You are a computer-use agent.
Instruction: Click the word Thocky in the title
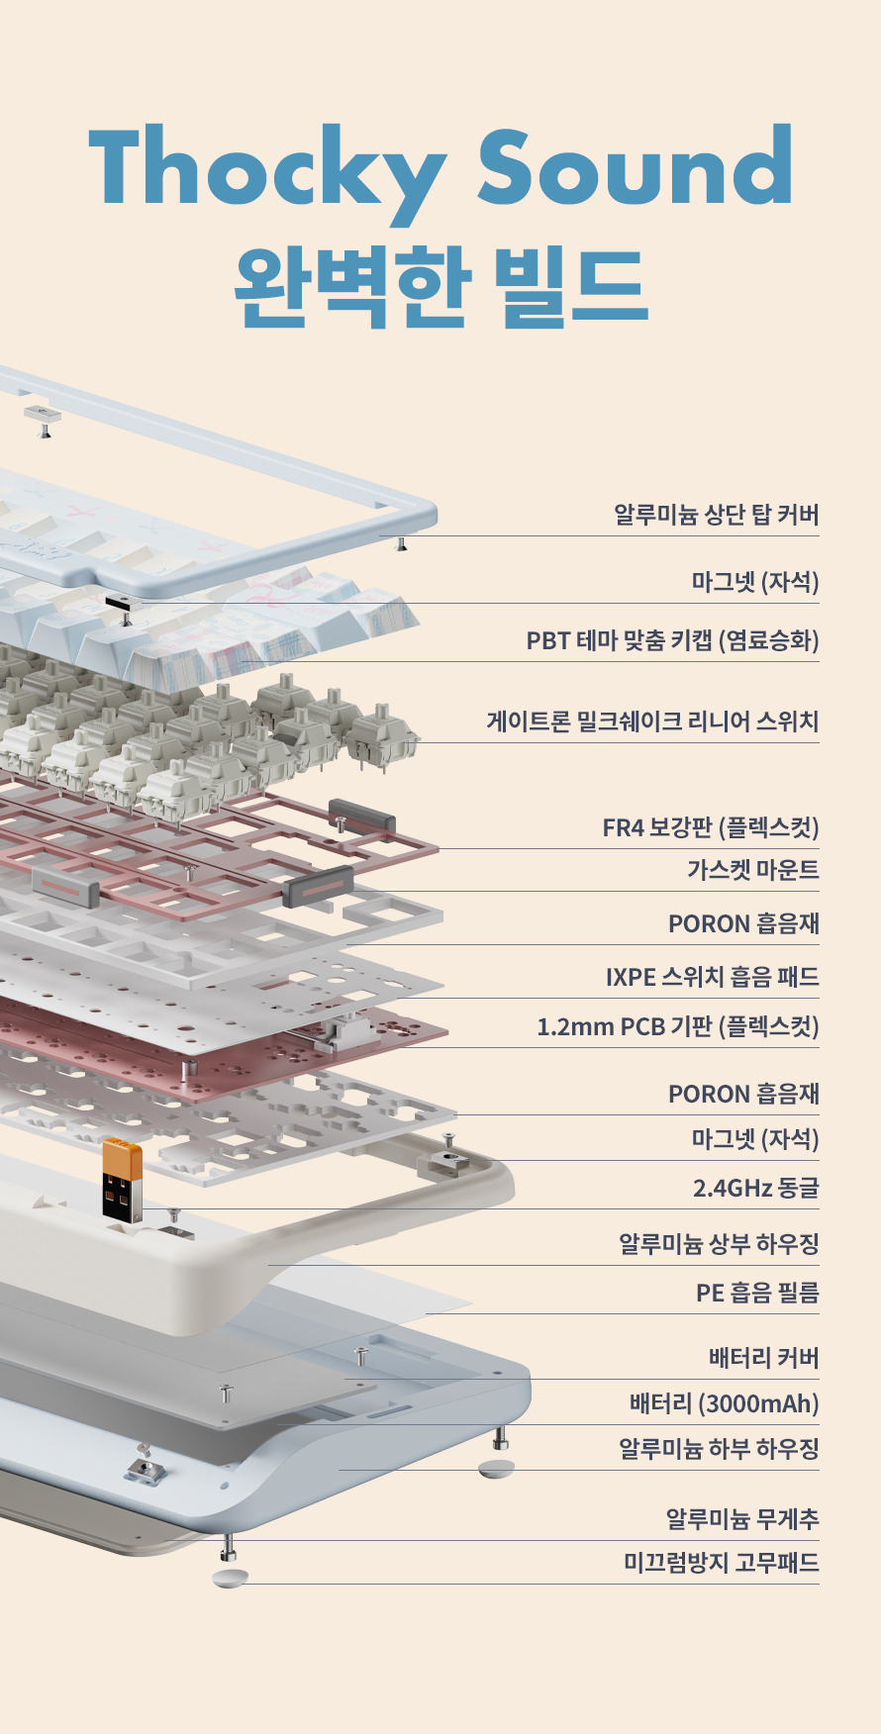coord(267,170)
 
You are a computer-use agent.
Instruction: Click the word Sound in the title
coord(636,165)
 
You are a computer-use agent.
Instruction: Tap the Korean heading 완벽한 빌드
coord(440,287)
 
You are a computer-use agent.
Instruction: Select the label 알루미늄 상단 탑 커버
coord(717,515)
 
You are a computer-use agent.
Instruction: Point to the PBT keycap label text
coord(673,640)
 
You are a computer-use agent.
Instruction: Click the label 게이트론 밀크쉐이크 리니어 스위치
coord(653,722)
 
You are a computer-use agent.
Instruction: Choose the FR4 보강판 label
coord(711,827)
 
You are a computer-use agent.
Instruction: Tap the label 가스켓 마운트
coord(753,870)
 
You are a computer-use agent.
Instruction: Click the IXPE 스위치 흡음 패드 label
coord(713,977)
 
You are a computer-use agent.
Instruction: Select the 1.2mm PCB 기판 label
coord(678,1026)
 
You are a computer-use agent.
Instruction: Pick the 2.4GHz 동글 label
coord(756,1188)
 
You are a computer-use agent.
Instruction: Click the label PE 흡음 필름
coord(757,1293)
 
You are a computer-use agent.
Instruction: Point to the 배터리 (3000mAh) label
coord(725,1403)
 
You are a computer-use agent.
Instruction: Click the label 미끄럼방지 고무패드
coord(722,1563)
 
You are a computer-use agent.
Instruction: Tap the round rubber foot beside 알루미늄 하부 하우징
coord(496,1468)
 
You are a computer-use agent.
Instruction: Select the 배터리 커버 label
coord(764,1358)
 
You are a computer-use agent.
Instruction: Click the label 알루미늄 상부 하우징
coord(720,1244)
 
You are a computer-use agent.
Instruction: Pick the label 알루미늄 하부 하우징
coord(720,1449)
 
